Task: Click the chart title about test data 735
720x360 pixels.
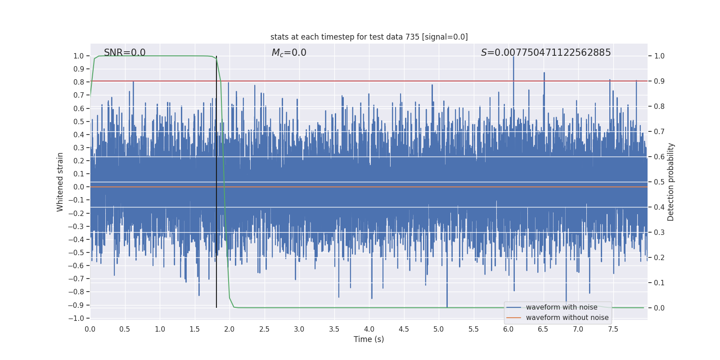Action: [369, 37]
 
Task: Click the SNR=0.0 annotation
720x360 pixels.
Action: [125, 53]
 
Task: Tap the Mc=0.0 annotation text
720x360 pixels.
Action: [289, 53]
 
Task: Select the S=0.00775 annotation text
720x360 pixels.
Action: [546, 53]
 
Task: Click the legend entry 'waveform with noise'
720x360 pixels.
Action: [561, 307]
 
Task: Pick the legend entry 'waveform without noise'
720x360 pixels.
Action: [567, 318]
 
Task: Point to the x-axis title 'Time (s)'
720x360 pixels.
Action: [369, 339]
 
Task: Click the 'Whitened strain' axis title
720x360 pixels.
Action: [60, 182]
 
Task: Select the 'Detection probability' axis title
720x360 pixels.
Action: [671, 182]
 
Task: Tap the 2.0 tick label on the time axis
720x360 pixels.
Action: [229, 329]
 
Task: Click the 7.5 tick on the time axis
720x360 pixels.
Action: [613, 329]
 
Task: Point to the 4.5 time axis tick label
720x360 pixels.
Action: [404, 329]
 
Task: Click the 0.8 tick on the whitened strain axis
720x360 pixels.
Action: [79, 82]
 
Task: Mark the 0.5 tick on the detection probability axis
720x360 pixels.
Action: [659, 182]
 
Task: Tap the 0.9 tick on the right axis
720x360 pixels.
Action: [659, 81]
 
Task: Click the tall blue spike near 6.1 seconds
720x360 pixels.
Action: [513, 63]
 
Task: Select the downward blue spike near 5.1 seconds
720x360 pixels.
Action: [447, 297]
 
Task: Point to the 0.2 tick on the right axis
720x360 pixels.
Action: [659, 257]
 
